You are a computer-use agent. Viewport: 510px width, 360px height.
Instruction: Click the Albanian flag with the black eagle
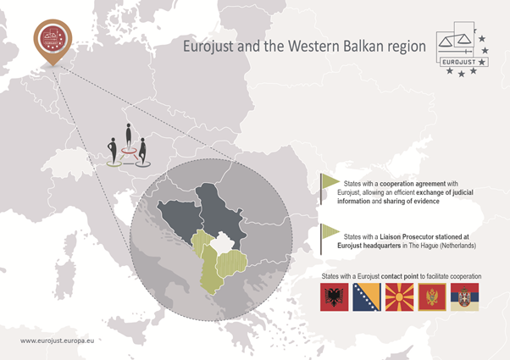tap(334, 297)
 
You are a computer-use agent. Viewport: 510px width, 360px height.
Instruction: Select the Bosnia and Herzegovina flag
tap(367, 297)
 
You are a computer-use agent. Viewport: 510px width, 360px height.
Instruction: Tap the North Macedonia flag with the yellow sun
tap(399, 297)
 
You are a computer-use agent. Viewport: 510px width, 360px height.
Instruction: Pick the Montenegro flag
tap(432, 297)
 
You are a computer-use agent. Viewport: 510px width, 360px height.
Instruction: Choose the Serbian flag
tap(464, 297)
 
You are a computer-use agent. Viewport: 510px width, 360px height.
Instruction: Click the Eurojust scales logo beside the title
tap(463, 49)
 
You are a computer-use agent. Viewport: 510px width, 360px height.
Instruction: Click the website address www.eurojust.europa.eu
tap(58, 341)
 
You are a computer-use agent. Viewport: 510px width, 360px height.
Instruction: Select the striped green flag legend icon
tap(330, 239)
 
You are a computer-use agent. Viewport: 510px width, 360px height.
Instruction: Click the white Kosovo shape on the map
tap(222, 242)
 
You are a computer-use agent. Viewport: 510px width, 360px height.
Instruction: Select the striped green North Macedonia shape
tap(231, 262)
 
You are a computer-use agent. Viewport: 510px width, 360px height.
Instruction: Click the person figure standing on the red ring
tap(129, 136)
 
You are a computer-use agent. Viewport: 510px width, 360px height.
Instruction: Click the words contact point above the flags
tap(399, 276)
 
